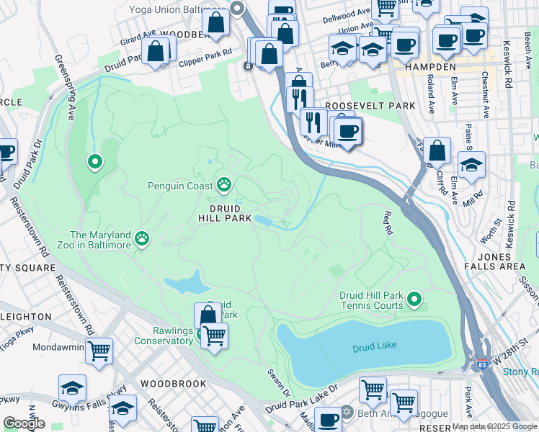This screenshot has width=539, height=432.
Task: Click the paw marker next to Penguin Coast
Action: pyautogui.click(x=224, y=186)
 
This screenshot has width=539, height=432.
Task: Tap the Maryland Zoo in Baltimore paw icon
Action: pyautogui.click(x=143, y=240)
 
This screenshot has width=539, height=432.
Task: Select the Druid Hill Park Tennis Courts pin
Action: pyautogui.click(x=414, y=298)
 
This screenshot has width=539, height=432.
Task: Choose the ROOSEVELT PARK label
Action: pyautogui.click(x=370, y=105)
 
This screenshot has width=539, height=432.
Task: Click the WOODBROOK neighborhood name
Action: pyautogui.click(x=174, y=384)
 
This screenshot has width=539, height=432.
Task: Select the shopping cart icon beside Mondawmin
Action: pyautogui.click(x=99, y=351)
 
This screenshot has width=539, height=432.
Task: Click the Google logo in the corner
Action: pyautogui.click(x=24, y=423)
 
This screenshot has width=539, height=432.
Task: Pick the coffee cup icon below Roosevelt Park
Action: pyautogui.click(x=348, y=131)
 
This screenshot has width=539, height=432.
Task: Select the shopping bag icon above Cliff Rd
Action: pyautogui.click(x=437, y=151)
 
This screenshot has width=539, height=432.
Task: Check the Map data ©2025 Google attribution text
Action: pyautogui.click(x=494, y=426)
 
